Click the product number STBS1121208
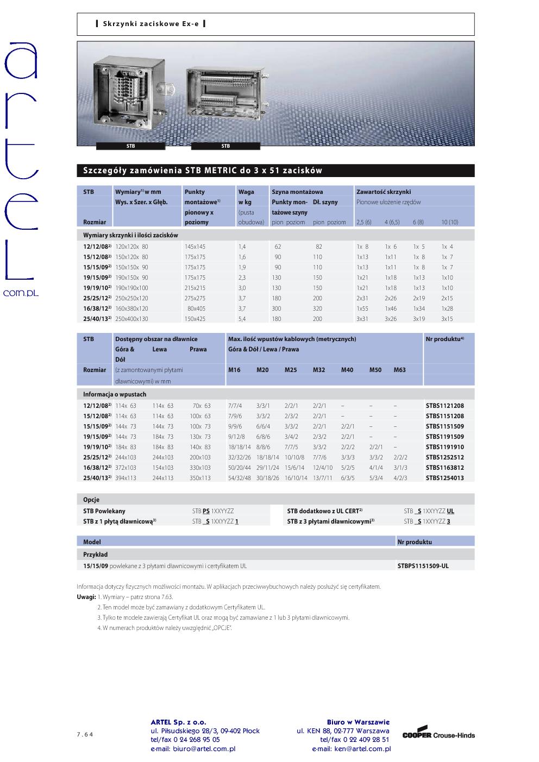point(444,406)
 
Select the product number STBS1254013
point(444,478)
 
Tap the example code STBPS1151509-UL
point(423,566)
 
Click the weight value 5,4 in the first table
point(242,319)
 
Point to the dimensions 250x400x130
point(131,319)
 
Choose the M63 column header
point(399,370)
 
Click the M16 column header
point(234,370)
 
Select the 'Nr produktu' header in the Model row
point(415,542)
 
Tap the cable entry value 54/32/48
point(240,478)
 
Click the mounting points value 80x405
point(196,308)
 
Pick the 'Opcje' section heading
point(91,500)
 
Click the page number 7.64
point(85,735)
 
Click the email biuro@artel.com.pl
point(193,749)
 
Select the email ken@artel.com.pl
point(351,749)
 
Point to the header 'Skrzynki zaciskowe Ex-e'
point(150,24)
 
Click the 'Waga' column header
point(246,192)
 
